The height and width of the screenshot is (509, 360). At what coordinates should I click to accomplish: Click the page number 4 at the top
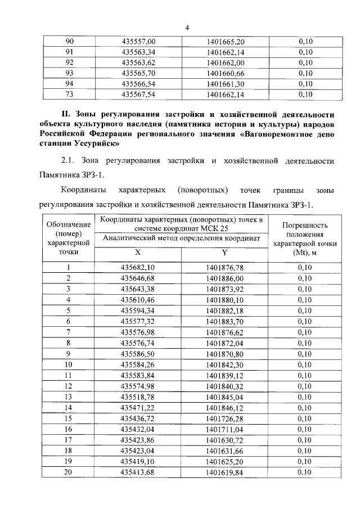187,28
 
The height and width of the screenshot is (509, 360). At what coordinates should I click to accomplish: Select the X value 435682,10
138,268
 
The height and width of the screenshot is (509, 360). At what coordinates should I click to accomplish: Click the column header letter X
138,254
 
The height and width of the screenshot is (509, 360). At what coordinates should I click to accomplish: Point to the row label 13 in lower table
68,396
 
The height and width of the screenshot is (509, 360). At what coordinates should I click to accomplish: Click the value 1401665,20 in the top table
226,41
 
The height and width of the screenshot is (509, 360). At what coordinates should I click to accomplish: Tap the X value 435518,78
138,396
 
